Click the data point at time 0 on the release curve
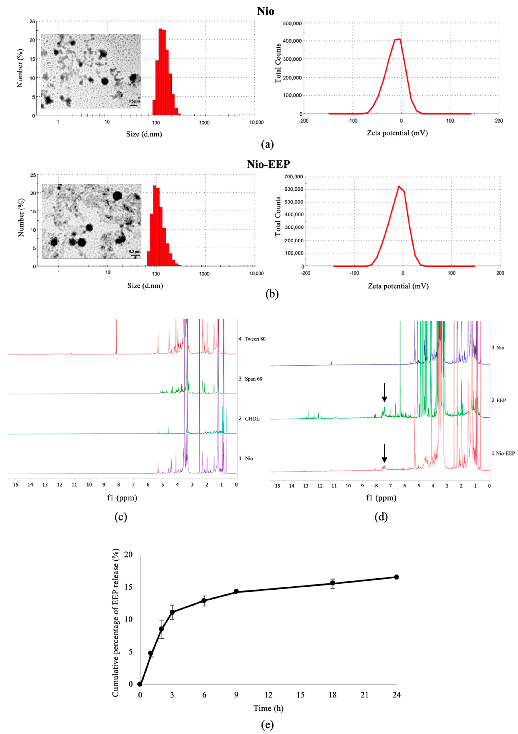[x=140, y=684]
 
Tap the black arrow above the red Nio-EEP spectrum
[x=385, y=453]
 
